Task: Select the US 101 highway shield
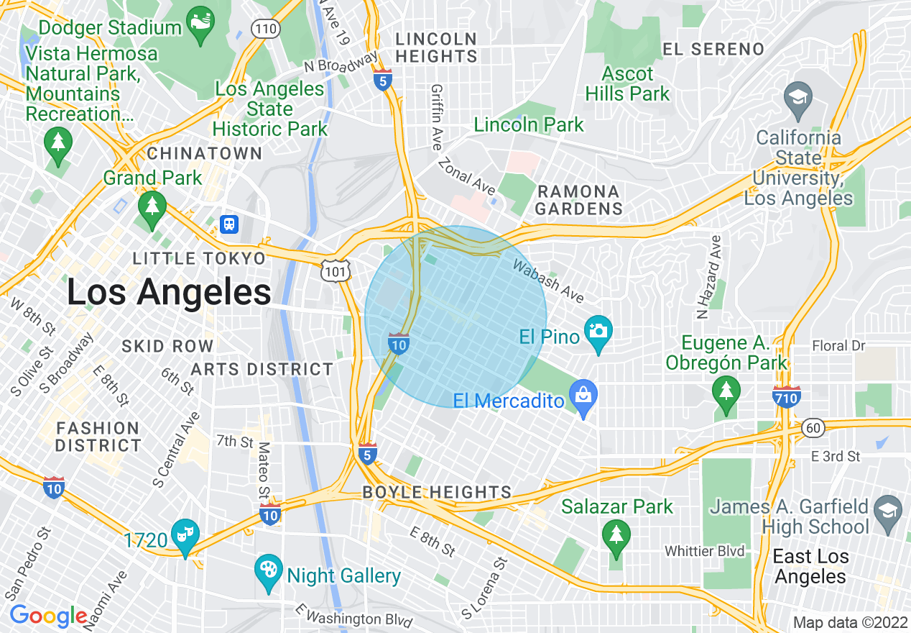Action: coord(336,269)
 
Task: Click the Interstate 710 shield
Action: coord(787,396)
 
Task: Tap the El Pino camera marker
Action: coord(598,332)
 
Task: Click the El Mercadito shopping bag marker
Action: coord(583,396)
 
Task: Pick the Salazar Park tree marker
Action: coord(615,537)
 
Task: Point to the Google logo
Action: coord(48,616)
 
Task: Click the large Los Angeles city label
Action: coord(169,293)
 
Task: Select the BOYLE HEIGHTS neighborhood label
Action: coord(437,493)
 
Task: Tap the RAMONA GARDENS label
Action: coord(578,200)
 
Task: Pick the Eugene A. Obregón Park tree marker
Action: coord(726,393)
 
